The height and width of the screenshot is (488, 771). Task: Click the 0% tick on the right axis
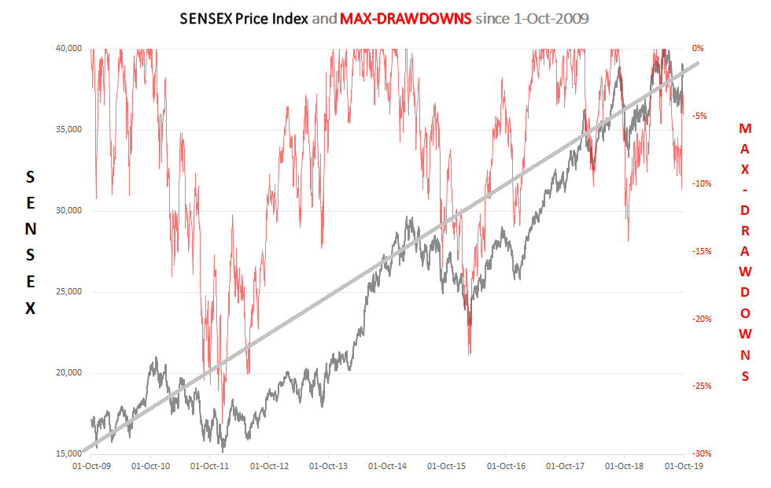coord(698,49)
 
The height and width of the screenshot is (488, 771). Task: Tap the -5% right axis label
coord(699,116)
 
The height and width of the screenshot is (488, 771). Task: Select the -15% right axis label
coord(702,252)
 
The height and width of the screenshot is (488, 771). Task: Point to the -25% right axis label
coord(702,386)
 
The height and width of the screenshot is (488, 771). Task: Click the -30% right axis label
coord(702,454)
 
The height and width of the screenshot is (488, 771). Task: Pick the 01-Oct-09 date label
coord(91,466)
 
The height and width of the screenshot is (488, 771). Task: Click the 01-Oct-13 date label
coord(328,466)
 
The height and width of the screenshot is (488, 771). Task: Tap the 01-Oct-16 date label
coord(505,466)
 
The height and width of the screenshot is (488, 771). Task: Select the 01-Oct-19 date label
coord(683,466)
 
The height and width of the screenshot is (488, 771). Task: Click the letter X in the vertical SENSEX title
coord(31,309)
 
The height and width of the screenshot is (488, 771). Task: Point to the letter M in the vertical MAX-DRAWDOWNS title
coord(745,128)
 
